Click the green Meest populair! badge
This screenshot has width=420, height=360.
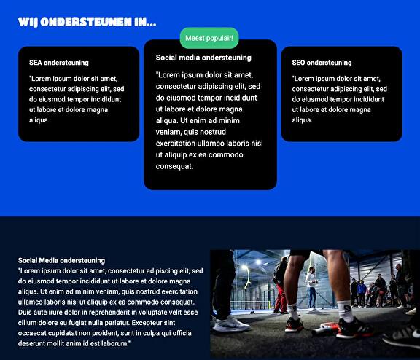[x=209, y=38]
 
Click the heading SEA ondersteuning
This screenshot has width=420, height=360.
[x=59, y=63]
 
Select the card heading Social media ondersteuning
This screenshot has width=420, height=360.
[x=203, y=58]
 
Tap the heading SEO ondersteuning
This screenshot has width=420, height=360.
[x=322, y=63]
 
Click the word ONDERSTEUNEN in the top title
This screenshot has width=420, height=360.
[x=86, y=22]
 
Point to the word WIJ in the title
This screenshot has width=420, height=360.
[x=28, y=22]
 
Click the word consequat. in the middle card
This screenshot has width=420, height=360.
[x=175, y=166]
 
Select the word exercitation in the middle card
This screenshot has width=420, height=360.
[x=176, y=143]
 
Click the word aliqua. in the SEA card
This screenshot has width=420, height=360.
[x=39, y=120]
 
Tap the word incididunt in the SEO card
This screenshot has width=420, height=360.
[x=371, y=99]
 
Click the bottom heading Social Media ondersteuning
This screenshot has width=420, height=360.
[x=61, y=260]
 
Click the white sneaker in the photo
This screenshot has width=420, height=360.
[x=232, y=324]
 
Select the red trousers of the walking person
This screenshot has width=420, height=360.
[x=281, y=298]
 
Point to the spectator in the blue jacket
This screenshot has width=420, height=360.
[x=362, y=292]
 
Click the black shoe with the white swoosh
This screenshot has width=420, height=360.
[x=401, y=335]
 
